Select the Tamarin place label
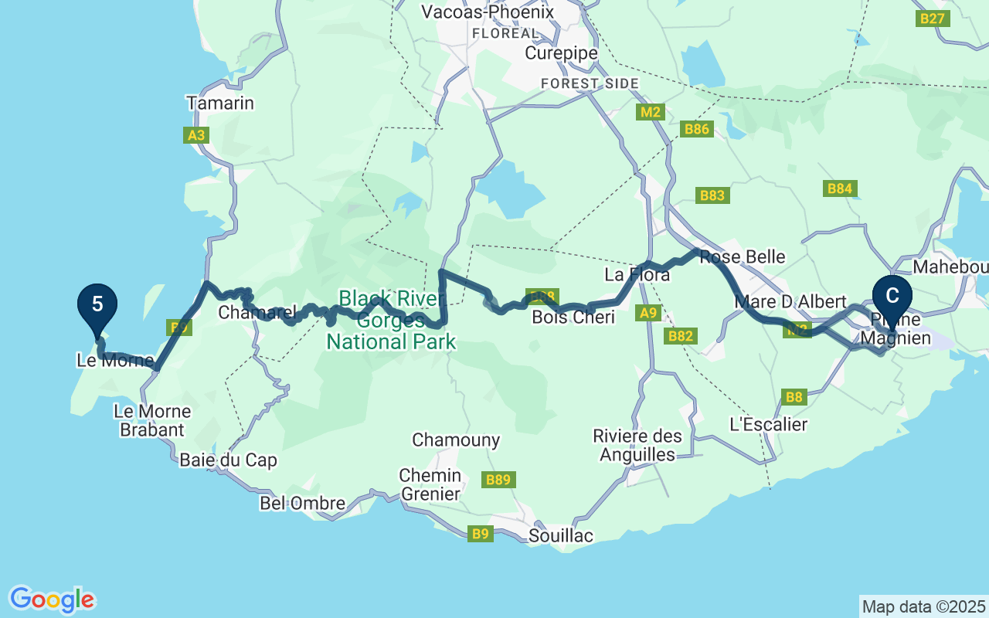tap(219, 103)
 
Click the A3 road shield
tap(197, 136)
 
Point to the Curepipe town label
tap(561, 53)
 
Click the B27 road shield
tap(933, 19)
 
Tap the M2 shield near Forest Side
tap(651, 112)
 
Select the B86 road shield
tap(696, 129)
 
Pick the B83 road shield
tap(712, 195)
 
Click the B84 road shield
tap(839, 188)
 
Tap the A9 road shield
tap(647, 313)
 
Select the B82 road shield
tap(681, 336)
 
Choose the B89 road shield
tap(498, 480)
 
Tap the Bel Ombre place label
tap(302, 504)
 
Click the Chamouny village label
tap(456, 440)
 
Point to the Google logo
tap(52, 599)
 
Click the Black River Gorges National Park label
tap(391, 320)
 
